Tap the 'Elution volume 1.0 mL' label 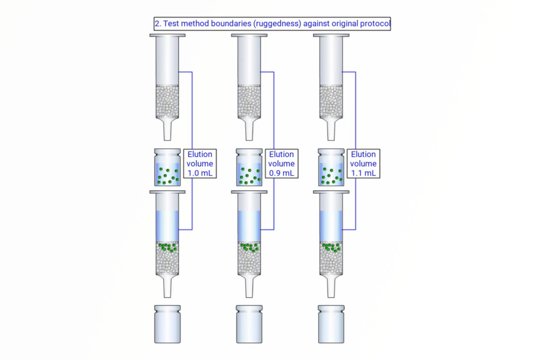point(200,164)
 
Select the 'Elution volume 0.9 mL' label point(281,164)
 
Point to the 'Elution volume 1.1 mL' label point(363,164)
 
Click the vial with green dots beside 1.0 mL point(167,168)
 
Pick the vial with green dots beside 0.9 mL point(249,168)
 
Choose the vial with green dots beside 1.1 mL point(331,168)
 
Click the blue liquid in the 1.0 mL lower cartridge point(167,226)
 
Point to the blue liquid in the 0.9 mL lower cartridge point(249,226)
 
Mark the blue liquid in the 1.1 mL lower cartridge point(331,226)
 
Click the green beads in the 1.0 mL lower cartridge point(168,247)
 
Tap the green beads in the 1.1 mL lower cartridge point(331,247)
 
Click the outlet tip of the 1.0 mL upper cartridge point(167,131)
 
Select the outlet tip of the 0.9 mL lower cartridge point(249,288)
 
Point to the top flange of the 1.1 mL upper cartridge point(331,35)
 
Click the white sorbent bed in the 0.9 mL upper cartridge point(249,101)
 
